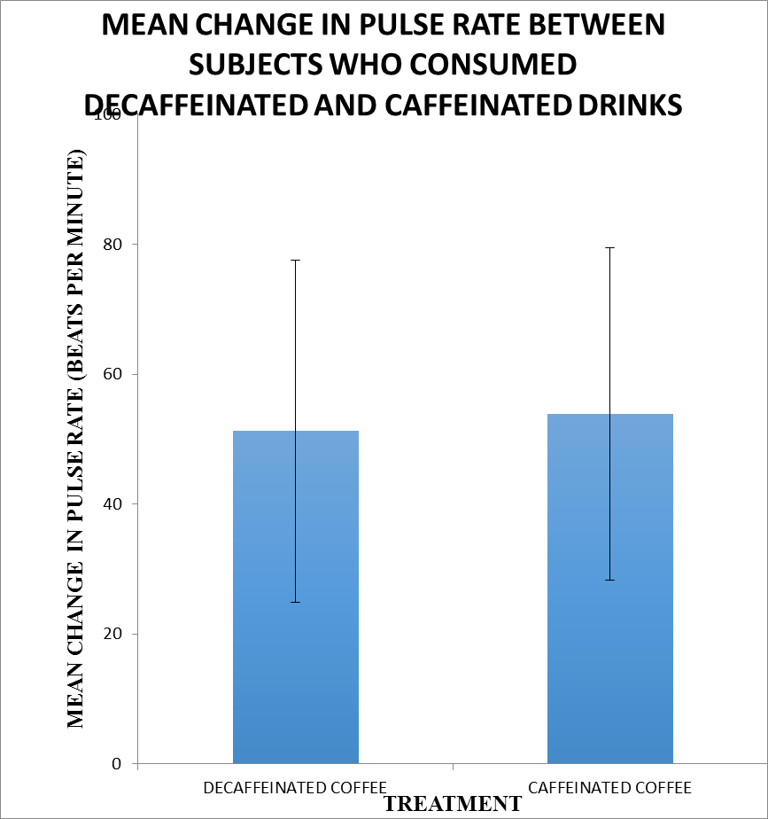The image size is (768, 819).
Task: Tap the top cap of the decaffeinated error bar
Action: point(296,260)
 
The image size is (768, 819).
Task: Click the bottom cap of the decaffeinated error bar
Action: point(296,602)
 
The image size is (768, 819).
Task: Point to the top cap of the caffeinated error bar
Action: point(610,247)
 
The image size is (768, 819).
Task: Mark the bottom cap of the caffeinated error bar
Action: point(610,580)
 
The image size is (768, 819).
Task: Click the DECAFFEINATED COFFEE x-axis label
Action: point(295,787)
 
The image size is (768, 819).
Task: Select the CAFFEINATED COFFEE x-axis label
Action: point(609,787)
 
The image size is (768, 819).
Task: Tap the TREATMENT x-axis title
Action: point(452,804)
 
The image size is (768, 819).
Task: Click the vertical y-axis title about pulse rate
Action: point(77,439)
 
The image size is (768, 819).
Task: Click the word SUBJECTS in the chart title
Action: point(258,65)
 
